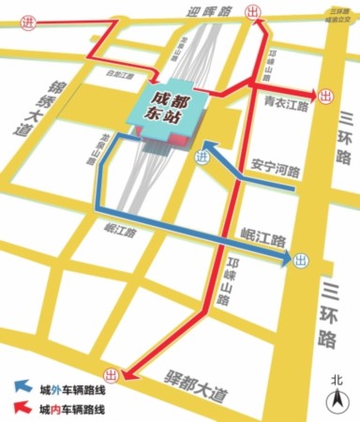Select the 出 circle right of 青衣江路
[325, 95]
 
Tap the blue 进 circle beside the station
[198, 158]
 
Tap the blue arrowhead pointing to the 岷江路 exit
[283, 257]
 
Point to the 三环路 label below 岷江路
[327, 309]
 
